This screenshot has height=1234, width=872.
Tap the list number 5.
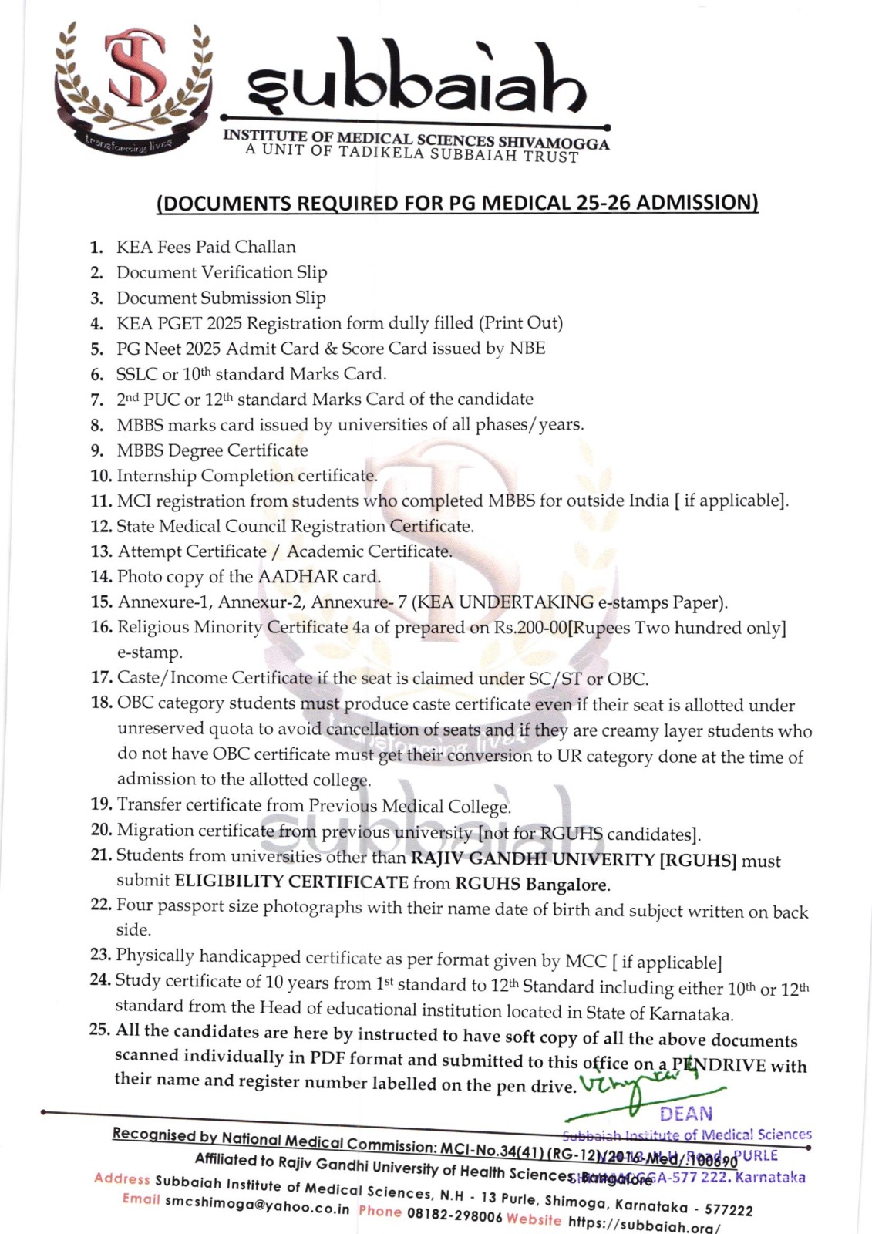pos(96,349)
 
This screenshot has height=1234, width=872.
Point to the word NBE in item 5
pos(527,348)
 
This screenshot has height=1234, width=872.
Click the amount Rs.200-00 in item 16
pos(530,628)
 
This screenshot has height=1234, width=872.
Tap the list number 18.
pos(101,703)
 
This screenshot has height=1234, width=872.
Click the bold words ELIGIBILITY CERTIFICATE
pos(291,882)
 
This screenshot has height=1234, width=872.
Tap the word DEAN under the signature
pos(685,1114)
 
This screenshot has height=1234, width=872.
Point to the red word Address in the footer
pos(122,1178)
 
